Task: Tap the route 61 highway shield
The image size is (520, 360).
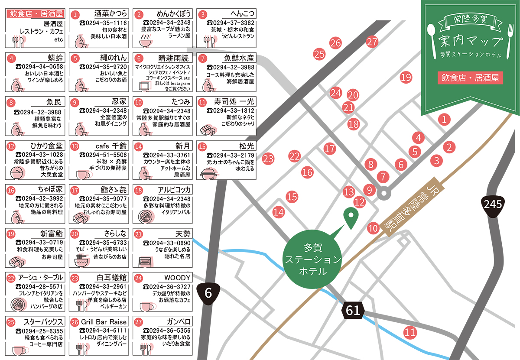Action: click(x=353, y=310)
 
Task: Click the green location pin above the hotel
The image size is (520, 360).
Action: click(x=350, y=217)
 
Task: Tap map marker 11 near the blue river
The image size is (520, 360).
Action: click(x=410, y=333)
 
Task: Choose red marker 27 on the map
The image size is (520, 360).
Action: click(x=372, y=42)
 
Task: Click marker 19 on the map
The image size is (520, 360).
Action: click(x=406, y=78)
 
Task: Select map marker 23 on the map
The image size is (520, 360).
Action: click(x=268, y=159)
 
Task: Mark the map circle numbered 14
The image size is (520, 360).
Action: click(x=279, y=212)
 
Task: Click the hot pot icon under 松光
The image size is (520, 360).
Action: click(x=206, y=174)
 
